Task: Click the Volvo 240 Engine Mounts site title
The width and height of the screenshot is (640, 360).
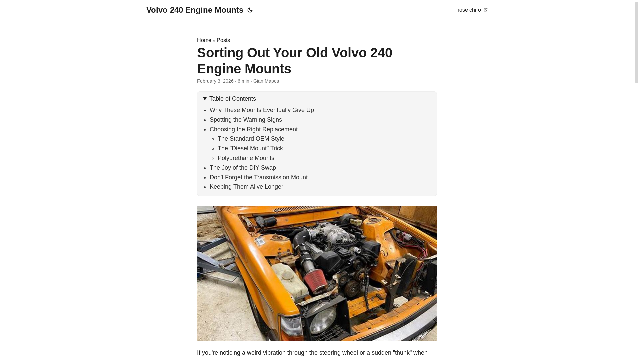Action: (195, 10)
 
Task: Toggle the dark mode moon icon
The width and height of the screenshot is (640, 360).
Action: (250, 10)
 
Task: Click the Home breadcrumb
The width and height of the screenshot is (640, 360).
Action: (204, 40)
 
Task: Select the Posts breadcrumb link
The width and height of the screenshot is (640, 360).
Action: (223, 40)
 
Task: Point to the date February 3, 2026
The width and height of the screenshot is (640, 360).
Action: (215, 81)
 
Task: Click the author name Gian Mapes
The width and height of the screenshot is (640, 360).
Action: (266, 81)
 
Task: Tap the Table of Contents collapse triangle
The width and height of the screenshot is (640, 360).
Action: (205, 99)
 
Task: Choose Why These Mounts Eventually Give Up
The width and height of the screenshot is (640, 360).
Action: (262, 110)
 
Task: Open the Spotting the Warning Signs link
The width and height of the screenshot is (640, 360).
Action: (246, 120)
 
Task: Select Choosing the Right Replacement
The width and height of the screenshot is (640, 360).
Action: (253, 129)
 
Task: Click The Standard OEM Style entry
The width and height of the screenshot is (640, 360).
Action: (251, 139)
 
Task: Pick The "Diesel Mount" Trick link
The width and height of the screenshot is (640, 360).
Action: (250, 148)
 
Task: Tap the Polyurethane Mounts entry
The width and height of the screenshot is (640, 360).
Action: (246, 158)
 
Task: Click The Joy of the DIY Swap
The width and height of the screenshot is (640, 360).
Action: (243, 168)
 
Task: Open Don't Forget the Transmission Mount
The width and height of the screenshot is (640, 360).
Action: (258, 177)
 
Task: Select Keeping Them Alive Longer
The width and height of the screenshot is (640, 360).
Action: (246, 187)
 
